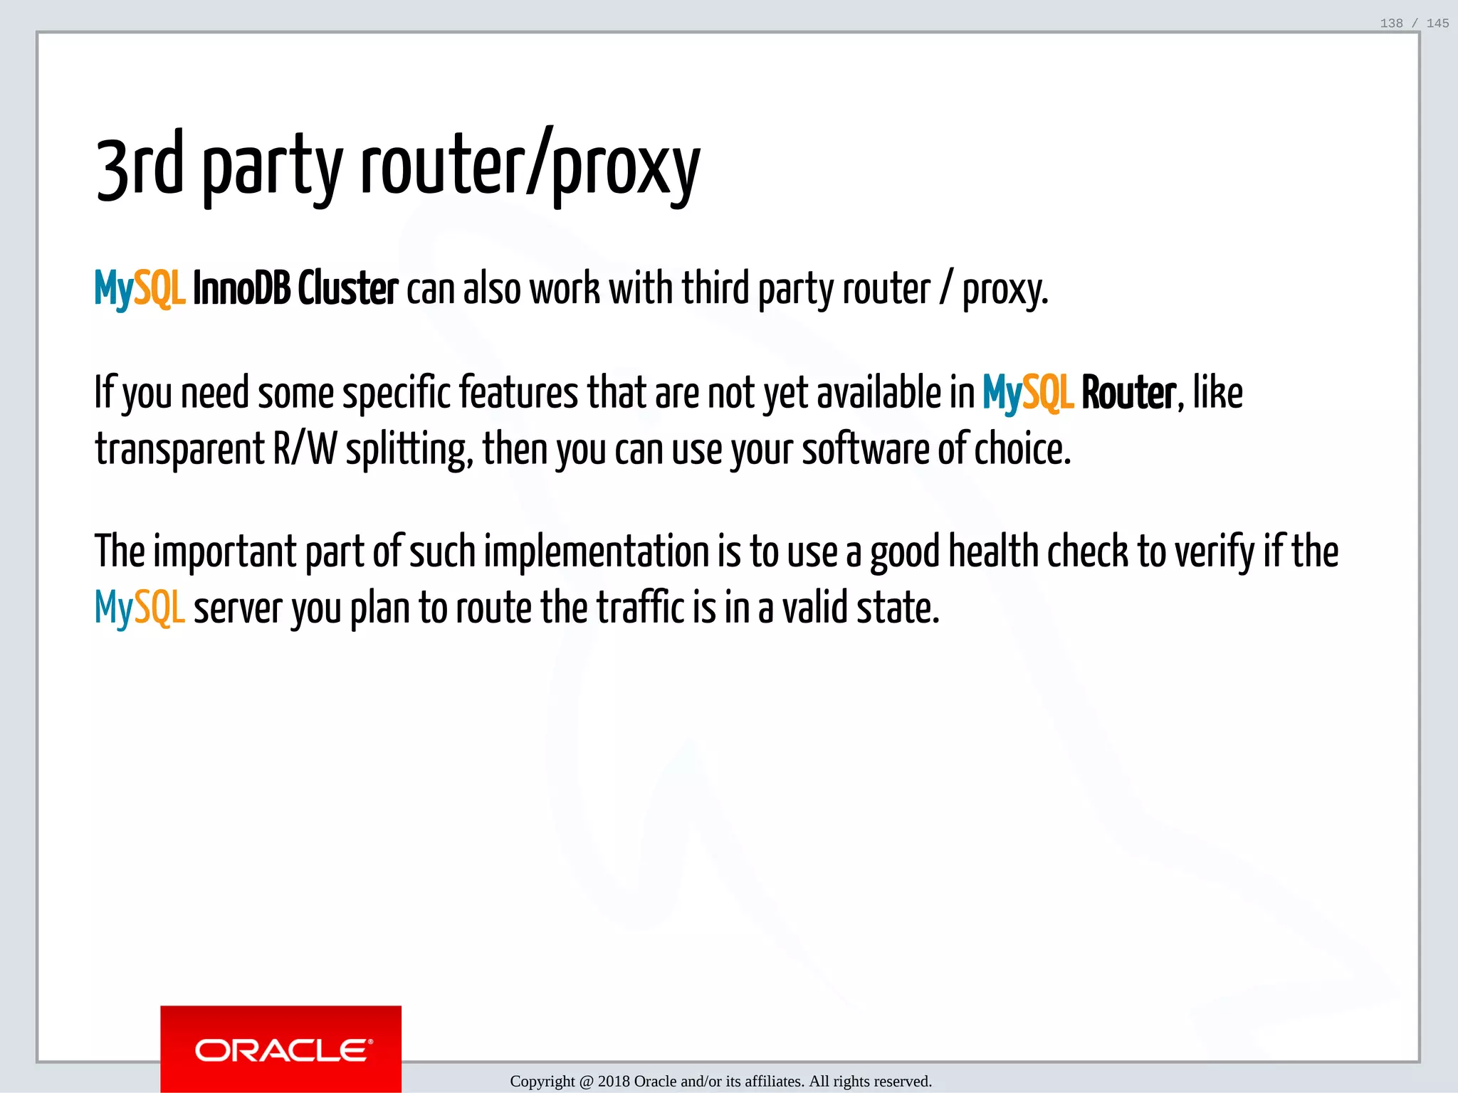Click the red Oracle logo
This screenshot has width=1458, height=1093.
tap(281, 1049)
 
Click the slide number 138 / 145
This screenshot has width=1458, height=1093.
tap(1414, 23)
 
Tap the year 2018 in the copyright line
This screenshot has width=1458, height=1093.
tap(614, 1082)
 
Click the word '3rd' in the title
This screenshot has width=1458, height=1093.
tap(140, 167)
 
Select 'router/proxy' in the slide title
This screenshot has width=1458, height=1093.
tap(530, 167)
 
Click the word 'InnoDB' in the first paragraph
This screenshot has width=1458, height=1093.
tap(241, 289)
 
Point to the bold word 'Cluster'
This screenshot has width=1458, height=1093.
tap(347, 289)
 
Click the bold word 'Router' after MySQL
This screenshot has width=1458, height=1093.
tap(1128, 393)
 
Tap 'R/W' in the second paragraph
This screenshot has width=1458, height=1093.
tap(305, 450)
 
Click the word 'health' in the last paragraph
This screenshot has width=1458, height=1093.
tap(994, 552)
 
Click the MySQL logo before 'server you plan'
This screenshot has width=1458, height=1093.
tap(140, 609)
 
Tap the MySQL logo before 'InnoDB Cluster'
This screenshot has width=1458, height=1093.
tap(140, 289)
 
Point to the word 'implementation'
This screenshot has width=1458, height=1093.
tap(597, 552)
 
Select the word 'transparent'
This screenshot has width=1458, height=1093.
tap(180, 450)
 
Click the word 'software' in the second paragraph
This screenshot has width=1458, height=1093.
tap(866, 450)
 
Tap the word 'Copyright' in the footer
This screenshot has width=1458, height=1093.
tap(542, 1082)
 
